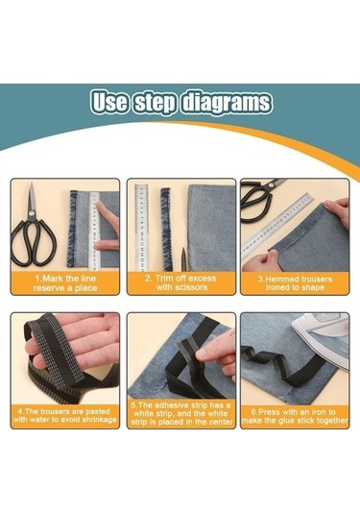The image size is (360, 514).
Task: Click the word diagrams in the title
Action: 227,103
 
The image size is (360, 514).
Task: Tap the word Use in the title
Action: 109,102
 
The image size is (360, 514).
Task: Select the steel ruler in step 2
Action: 141,228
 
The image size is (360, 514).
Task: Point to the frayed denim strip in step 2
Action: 165,229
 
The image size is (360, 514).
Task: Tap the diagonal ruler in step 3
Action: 276,227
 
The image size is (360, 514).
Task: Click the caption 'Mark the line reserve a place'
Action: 65,283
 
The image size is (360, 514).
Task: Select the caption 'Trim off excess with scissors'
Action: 181,282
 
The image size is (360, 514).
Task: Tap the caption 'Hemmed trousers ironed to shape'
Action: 295,283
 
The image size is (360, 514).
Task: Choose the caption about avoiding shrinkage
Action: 65,415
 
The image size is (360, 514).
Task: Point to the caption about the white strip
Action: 181,414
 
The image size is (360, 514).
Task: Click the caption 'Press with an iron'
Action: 295,416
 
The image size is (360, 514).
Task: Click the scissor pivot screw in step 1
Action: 32,213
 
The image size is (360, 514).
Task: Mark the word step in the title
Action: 155,103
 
